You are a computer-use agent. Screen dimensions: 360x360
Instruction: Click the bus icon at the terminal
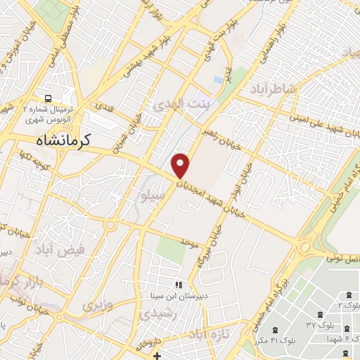coord(48,98)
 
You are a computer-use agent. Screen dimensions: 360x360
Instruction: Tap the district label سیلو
coord(154,198)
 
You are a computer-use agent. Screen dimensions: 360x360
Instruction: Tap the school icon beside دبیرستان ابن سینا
coord(179,285)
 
